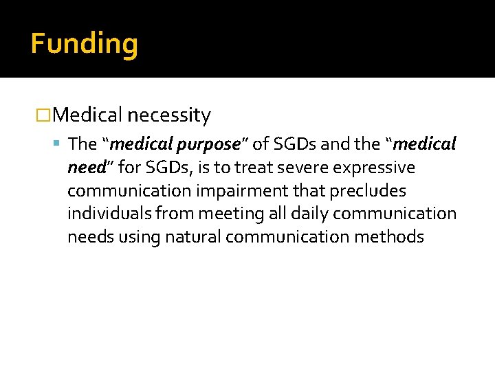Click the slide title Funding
click(84, 44)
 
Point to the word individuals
click(104, 214)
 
